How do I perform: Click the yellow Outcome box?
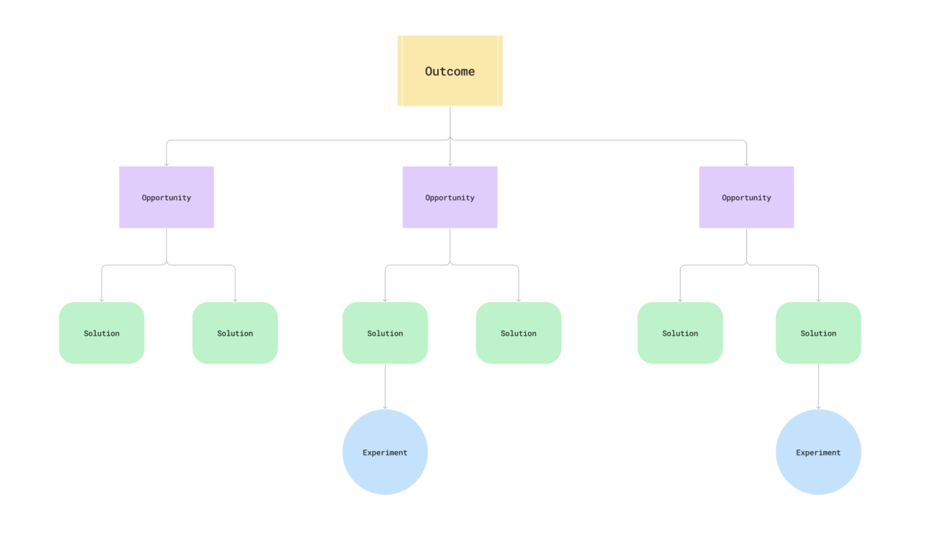450,71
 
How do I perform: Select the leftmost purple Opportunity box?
166,197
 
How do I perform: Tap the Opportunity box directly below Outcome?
450,197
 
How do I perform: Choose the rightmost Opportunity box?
746,197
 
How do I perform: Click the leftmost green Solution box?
101,333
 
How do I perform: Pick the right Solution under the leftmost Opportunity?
235,333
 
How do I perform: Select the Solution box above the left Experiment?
385,333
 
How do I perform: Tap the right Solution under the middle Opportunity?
518,333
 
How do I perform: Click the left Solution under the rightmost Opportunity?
680,333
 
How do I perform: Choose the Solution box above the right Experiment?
818,333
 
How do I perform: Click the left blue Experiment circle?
385,452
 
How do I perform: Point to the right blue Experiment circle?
818,452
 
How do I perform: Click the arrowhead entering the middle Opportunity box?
450,164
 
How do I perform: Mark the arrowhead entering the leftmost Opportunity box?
166,164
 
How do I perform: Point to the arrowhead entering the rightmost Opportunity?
747,164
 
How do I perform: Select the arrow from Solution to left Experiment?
385,387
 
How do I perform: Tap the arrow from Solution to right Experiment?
818,387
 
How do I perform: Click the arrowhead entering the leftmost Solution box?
102,300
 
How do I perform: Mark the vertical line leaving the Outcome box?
450,122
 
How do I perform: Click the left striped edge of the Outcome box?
400,71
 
